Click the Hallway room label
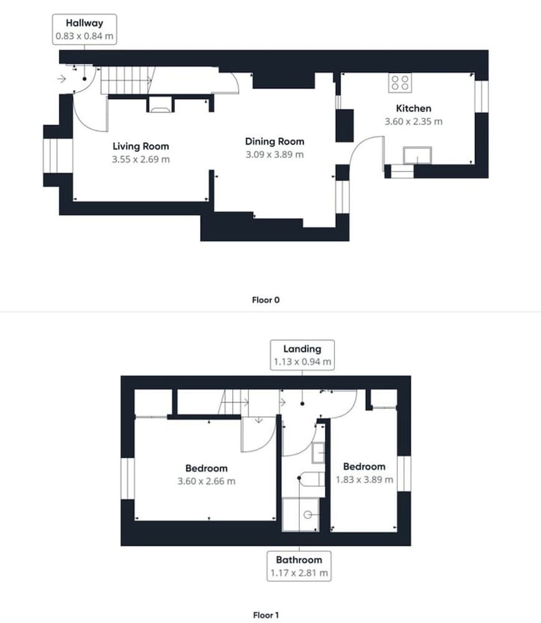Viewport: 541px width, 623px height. [84, 23]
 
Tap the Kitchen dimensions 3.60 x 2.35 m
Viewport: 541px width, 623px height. [413, 121]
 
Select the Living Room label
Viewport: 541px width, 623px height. [141, 146]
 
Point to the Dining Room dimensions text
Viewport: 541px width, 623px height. [275, 155]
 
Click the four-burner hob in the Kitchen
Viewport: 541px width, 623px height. [400, 83]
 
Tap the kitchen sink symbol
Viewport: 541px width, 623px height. [418, 155]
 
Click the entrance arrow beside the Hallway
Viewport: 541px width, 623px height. [61, 78]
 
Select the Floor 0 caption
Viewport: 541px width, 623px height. [266, 300]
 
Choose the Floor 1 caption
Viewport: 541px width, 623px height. [266, 615]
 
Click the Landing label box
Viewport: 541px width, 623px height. [302, 355]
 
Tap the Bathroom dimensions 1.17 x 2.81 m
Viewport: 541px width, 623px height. [299, 573]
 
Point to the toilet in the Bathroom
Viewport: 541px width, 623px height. [312, 479]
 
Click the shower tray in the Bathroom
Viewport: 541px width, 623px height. [300, 515]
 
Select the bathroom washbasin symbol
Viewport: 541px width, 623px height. [318, 452]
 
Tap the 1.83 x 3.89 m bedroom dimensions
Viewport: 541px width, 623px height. [365, 480]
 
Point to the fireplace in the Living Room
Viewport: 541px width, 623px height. [160, 105]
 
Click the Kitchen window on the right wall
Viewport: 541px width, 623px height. [482, 97]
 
